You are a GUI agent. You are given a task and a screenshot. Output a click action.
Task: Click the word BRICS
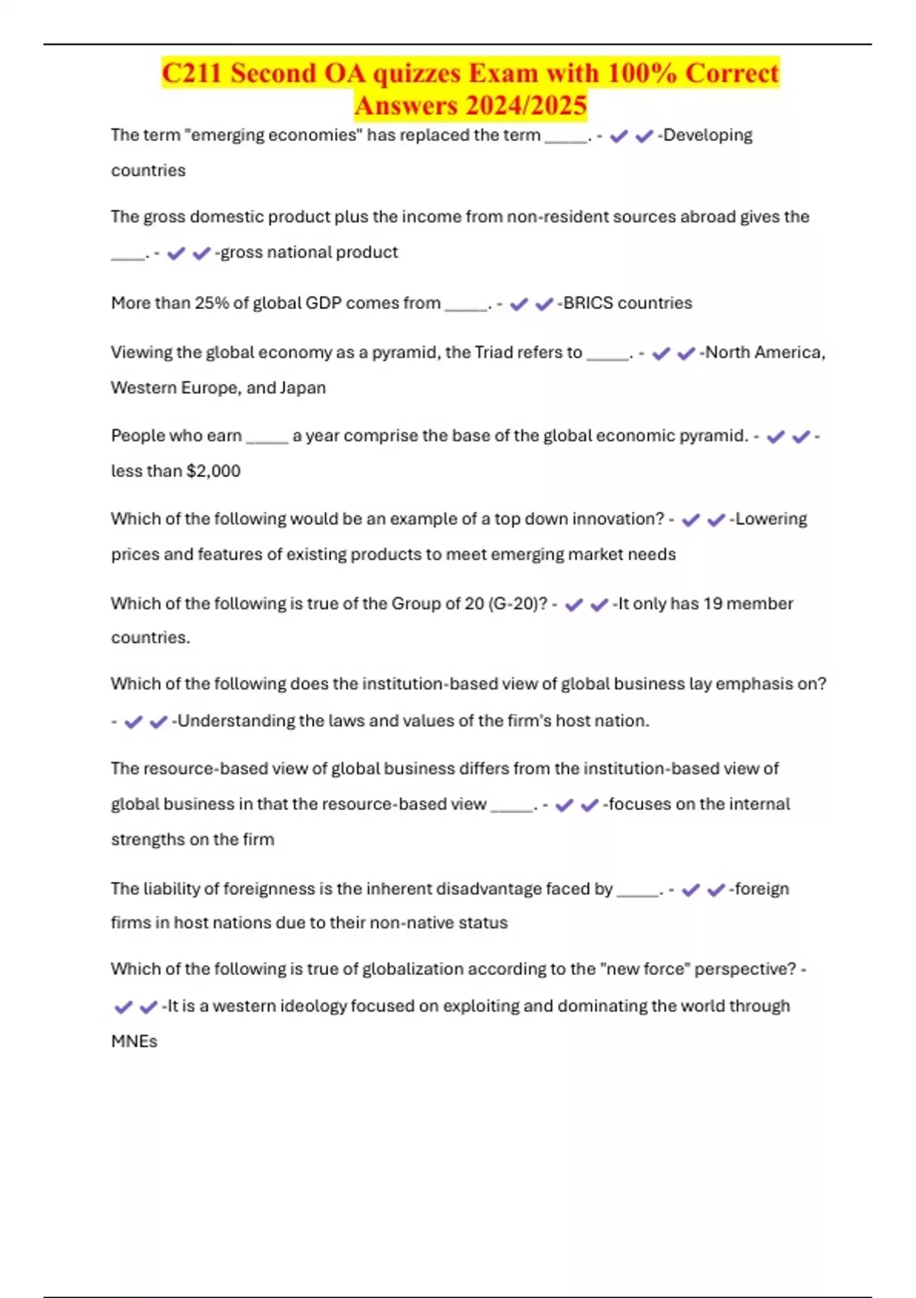pyautogui.click(x=588, y=303)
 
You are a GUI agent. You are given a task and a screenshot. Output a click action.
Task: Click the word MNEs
pyautogui.click(x=134, y=1041)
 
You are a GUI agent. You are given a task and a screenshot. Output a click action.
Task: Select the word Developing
pyautogui.click(x=708, y=135)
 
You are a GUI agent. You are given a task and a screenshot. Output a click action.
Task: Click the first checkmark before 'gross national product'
pyautogui.click(x=176, y=253)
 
